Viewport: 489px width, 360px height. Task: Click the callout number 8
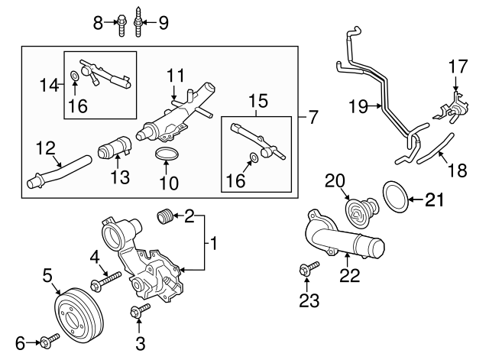(98, 24)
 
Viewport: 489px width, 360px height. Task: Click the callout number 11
(176, 76)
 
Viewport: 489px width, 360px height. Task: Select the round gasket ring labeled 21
(395, 196)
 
